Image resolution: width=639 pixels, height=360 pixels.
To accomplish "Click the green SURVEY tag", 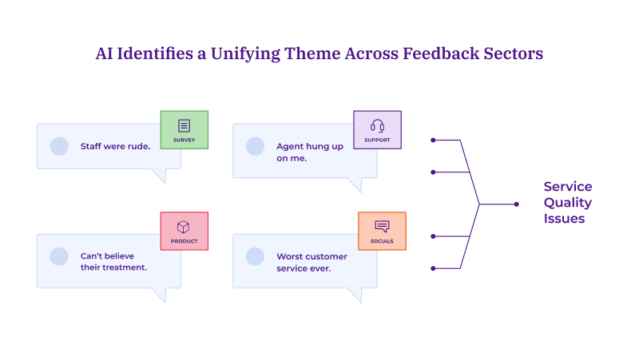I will point(184,130).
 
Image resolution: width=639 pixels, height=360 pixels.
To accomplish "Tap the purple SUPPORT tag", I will point(377,130).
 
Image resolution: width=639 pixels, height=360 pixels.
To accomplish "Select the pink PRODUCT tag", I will point(184,231).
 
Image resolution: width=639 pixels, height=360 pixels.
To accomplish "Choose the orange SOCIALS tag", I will point(382,231).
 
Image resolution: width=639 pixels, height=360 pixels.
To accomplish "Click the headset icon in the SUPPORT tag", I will point(377,125).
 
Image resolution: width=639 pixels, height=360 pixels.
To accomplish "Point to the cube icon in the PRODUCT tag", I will point(184,226).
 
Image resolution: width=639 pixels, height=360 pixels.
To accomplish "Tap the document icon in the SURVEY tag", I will point(184,125).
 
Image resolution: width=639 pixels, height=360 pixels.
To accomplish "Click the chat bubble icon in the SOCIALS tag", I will point(382,226).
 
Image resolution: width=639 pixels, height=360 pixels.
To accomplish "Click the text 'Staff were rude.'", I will point(115,146).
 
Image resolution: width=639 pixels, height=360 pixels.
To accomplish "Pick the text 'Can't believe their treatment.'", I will point(113,262).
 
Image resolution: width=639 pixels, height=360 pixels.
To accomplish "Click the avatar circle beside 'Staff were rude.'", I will point(59,146).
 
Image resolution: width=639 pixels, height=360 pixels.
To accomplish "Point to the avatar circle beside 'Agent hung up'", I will point(255,146).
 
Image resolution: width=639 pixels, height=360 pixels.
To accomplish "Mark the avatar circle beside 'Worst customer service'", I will point(255,256).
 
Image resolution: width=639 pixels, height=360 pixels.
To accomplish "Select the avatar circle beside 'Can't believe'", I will point(59,256).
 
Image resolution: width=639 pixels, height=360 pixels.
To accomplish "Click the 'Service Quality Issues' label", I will point(567,203).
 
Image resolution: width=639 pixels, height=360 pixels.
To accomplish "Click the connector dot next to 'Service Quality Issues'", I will point(516,204).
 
